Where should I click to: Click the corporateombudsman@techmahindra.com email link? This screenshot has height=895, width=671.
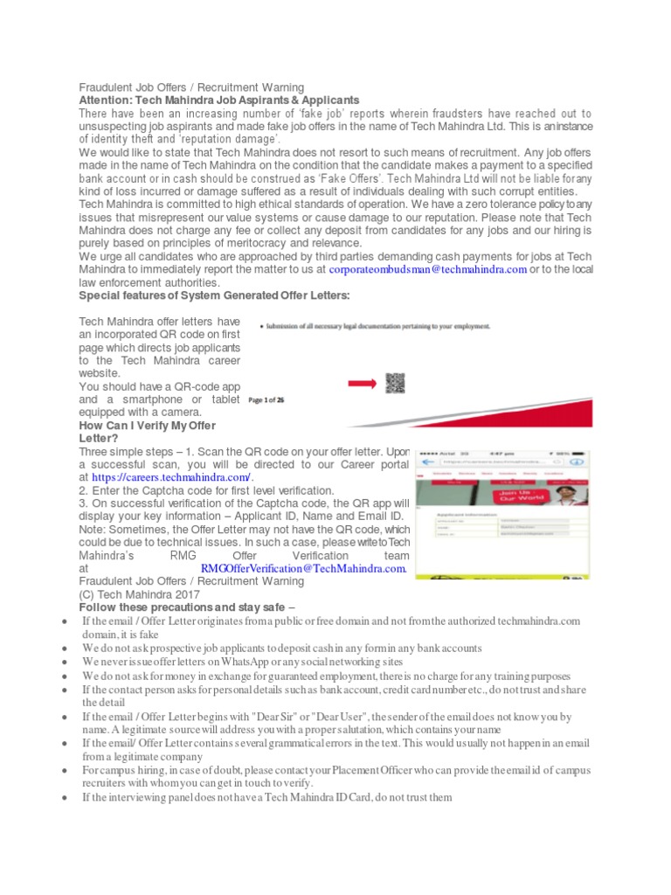point(427,270)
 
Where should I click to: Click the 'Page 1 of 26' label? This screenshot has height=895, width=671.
point(266,399)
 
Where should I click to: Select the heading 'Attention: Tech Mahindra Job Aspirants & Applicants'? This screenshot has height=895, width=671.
point(219,101)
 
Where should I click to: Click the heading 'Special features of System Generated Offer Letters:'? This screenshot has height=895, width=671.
point(214,295)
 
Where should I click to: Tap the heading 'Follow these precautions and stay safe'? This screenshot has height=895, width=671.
point(186,607)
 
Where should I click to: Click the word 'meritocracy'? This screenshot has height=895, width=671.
point(277,243)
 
